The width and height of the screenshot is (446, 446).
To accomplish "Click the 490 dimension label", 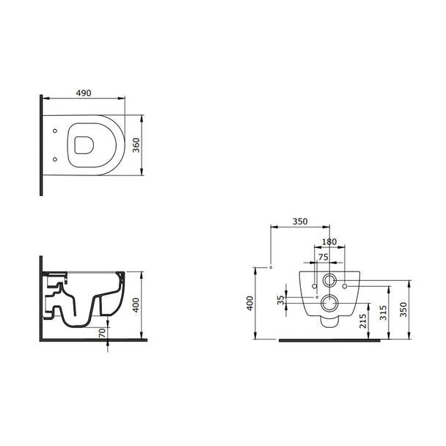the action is click(x=84, y=93).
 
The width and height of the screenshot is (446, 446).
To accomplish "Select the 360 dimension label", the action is click(x=136, y=145).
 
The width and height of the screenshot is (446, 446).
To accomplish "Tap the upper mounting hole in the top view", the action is click(x=55, y=131).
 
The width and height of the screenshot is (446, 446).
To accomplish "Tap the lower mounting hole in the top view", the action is click(x=55, y=159).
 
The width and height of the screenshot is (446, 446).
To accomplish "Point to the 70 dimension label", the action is click(x=102, y=332).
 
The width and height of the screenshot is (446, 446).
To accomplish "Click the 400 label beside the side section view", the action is click(x=136, y=305).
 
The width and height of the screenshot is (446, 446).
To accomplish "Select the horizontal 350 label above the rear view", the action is click(x=300, y=222).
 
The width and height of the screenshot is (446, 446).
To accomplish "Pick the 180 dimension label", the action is click(x=329, y=242).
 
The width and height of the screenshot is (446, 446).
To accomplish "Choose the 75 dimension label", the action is click(x=323, y=257).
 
